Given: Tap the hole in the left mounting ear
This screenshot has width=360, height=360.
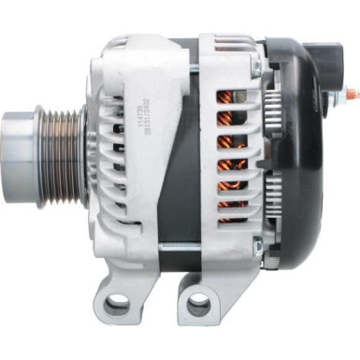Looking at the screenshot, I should [118, 304].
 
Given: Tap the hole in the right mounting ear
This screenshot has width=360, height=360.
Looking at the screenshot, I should [198, 304].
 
